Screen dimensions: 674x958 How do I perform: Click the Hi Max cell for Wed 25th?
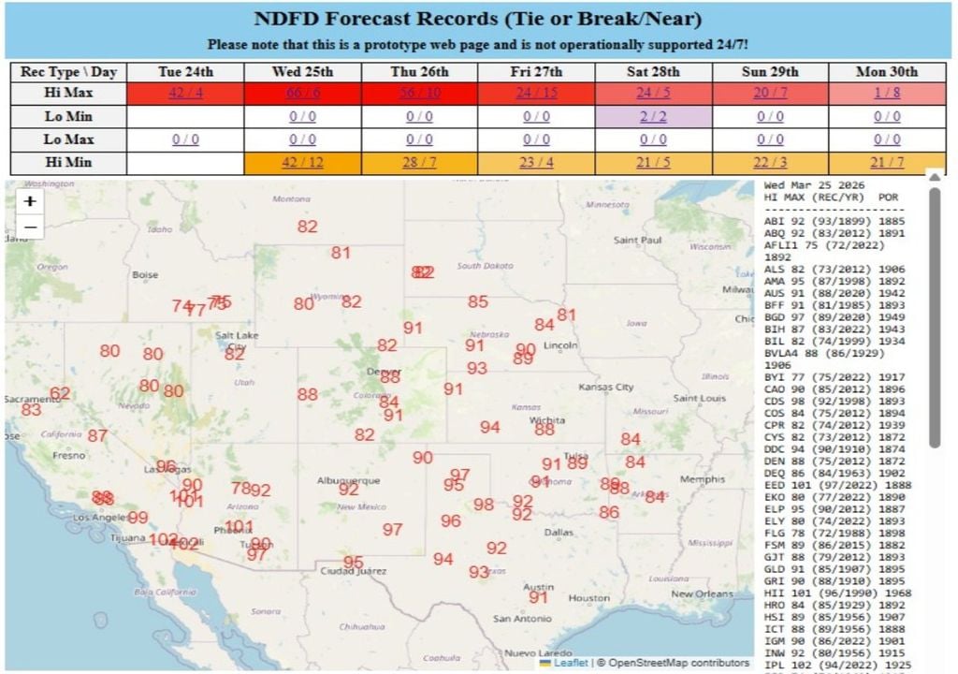(302, 94)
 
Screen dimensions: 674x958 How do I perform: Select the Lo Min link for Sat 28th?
(653, 117)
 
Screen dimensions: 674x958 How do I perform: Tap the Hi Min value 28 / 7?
(419, 163)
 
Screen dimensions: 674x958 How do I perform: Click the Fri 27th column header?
(536, 72)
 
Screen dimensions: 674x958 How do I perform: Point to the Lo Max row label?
(68, 139)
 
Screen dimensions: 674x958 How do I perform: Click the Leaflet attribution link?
(570, 663)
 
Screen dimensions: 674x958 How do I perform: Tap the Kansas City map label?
(606, 387)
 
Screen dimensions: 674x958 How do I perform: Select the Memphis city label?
(703, 479)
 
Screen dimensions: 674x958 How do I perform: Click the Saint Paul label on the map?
(638, 241)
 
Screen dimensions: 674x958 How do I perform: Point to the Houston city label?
(588, 598)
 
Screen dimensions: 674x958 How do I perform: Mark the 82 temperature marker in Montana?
(307, 227)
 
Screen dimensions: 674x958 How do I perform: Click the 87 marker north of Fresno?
(97, 435)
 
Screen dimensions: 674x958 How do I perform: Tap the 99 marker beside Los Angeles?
(138, 518)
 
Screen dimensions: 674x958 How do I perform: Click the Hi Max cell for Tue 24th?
(185, 94)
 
